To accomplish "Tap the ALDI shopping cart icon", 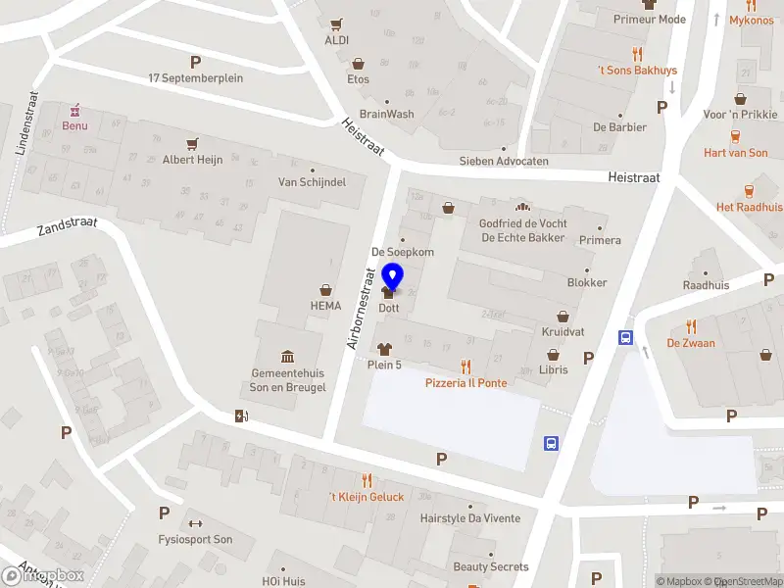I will coord(337,24).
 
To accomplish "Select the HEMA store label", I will coord(325,305).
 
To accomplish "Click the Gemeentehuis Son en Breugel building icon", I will coord(288,356).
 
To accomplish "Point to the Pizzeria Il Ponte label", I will coord(465,382).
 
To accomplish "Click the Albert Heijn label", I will coord(192,160).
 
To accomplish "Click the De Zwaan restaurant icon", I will coord(691,326).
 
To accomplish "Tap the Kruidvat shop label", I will coord(563,332).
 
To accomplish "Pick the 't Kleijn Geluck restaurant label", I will coord(367,497).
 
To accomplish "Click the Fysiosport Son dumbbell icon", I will coord(194,523).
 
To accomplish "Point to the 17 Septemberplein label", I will coord(195,77).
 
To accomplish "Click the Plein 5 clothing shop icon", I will coord(384,348).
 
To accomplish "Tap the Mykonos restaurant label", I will coord(751,20).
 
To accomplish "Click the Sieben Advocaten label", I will coord(504,161).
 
